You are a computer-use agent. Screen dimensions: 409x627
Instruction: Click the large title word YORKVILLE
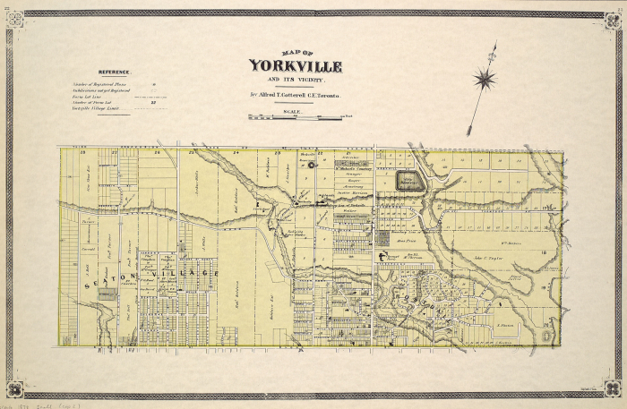(295, 66)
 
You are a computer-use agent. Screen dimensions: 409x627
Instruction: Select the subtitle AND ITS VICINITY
(295, 80)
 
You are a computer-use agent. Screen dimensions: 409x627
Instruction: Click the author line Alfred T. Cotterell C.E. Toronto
(295, 93)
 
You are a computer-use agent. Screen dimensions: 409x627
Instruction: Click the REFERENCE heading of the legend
(115, 72)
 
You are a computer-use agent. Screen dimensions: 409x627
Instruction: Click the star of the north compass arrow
(485, 79)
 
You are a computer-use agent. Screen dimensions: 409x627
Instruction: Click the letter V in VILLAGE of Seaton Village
(166, 273)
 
